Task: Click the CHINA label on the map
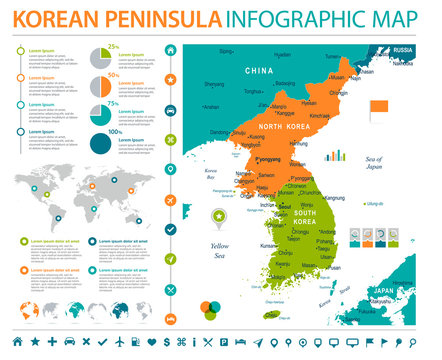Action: coord(259,71)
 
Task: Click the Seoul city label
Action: coord(300,206)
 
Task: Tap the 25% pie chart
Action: coord(100,56)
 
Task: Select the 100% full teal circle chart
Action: coord(100,143)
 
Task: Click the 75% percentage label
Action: coord(114,103)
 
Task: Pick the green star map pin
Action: coord(217,216)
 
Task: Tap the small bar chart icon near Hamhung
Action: coord(336,156)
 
